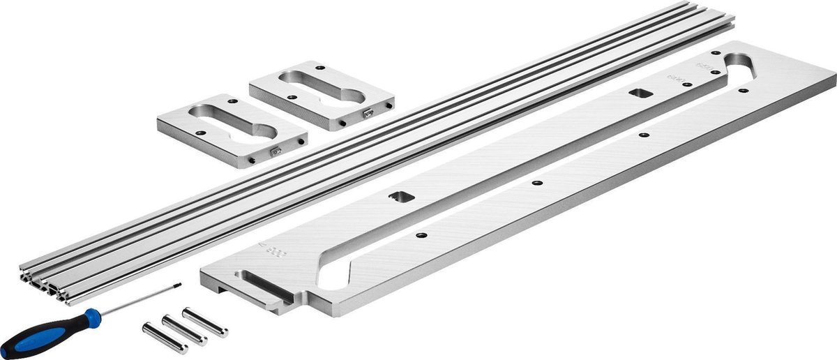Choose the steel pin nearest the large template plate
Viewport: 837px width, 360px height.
point(205,322)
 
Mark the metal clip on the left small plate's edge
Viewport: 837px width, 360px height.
point(276,149)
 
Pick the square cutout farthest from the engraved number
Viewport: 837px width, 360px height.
point(638,93)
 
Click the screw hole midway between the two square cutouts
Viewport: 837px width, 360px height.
point(536,183)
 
